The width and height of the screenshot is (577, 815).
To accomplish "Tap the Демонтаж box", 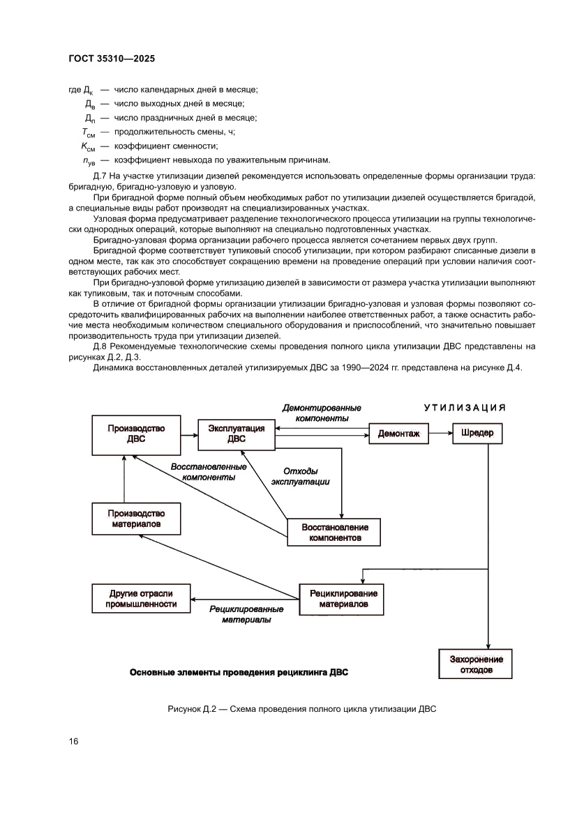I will tap(398, 434).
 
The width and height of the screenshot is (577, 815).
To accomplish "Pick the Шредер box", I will tap(477, 433).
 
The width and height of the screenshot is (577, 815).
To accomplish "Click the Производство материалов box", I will tap(135, 518).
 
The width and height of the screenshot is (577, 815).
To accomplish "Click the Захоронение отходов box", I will tap(475, 664).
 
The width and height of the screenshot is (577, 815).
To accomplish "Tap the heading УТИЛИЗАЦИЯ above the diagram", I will tap(464, 407).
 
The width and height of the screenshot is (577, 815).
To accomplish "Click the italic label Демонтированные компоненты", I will tap(321, 413).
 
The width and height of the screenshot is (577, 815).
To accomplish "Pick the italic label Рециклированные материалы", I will tap(246, 614).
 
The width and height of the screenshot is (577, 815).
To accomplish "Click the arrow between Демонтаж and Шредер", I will tap(440, 434).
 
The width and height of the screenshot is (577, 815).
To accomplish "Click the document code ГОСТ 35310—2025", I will tap(112, 59).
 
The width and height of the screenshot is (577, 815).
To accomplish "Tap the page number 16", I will tap(73, 741).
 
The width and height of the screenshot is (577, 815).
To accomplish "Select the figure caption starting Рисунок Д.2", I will tap(301, 710).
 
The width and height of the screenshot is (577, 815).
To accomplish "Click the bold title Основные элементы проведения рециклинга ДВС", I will tap(239, 673).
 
